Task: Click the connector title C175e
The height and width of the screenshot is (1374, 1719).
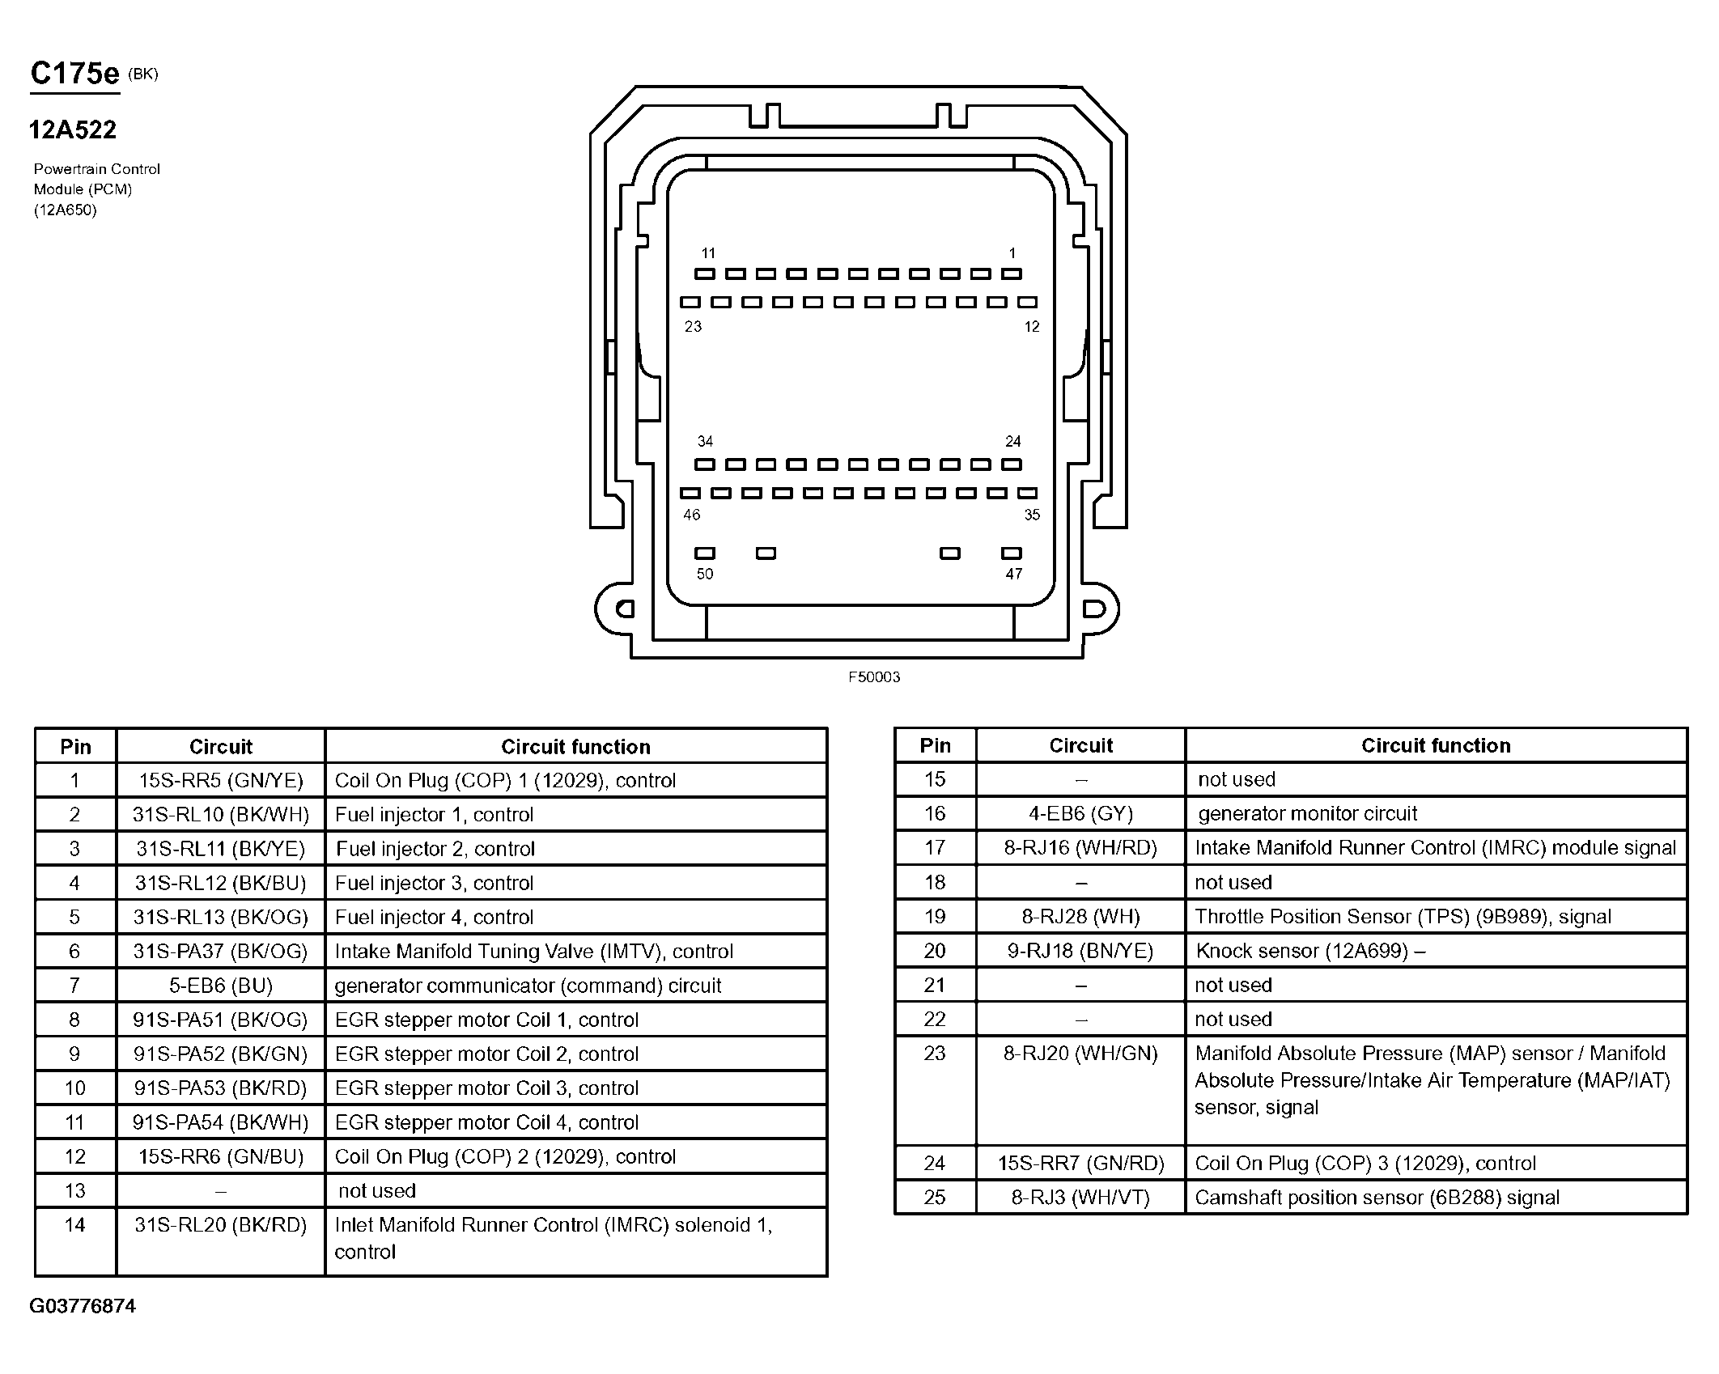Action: tap(74, 74)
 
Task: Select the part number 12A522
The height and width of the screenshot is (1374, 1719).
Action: tap(73, 129)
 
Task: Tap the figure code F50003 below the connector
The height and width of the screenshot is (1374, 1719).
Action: tap(874, 676)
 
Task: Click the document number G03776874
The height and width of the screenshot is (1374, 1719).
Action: tap(83, 1306)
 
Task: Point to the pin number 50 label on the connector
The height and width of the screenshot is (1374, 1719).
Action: tap(705, 574)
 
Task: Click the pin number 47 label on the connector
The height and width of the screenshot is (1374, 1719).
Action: tap(1014, 574)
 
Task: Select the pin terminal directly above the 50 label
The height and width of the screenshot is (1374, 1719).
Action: tap(705, 553)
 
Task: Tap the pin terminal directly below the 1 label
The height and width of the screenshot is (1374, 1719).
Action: tap(1012, 274)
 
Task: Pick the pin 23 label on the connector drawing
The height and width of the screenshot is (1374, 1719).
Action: tap(693, 326)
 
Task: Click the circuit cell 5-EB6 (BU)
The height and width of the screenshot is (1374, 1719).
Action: tap(221, 986)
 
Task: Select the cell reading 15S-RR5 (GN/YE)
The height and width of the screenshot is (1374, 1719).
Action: tap(221, 780)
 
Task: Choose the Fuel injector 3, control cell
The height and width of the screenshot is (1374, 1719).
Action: tap(435, 883)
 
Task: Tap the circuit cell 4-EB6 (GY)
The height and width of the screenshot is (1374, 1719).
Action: tap(1080, 813)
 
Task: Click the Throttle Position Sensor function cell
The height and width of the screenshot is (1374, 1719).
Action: tap(1403, 916)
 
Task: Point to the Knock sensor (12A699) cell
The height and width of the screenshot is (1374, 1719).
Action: tap(1310, 950)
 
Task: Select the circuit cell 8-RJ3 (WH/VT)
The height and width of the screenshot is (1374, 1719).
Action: tap(1080, 1197)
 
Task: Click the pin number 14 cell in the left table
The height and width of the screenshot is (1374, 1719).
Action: tap(75, 1225)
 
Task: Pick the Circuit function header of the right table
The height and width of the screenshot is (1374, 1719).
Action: tap(1436, 745)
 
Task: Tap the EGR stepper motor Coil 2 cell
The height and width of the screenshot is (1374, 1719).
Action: tap(487, 1054)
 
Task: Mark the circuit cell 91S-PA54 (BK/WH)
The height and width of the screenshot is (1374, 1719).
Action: tap(221, 1122)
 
